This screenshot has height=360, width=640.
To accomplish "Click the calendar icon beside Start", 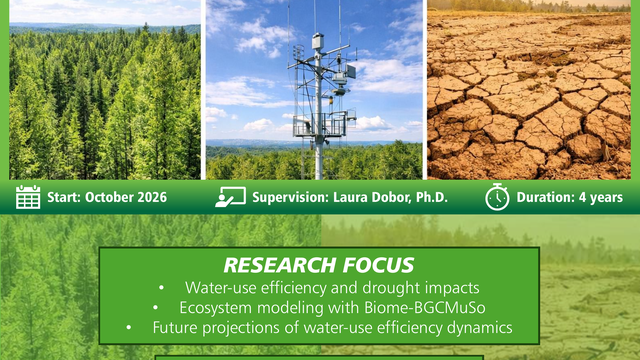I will (x=28, y=197).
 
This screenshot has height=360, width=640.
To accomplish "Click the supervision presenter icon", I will (x=230, y=197).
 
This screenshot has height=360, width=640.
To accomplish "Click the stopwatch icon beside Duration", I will (x=497, y=197).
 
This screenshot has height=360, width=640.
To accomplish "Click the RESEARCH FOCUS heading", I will (x=319, y=266).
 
